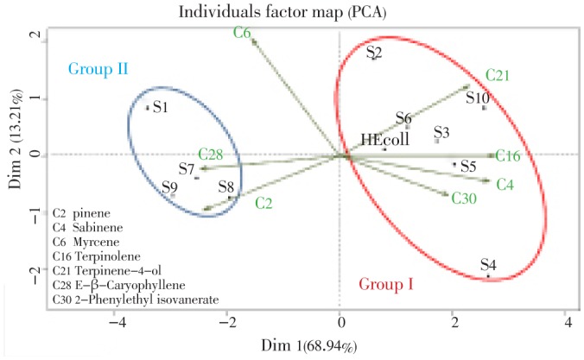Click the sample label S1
[160, 110]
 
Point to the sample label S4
[488, 265]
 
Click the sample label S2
[373, 54]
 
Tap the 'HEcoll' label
[385, 139]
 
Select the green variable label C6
[242, 32]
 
